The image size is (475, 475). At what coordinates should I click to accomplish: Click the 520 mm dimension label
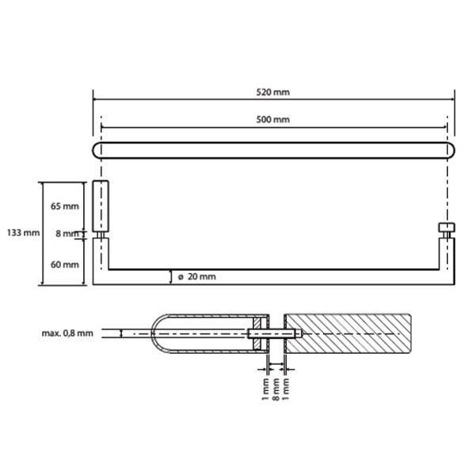click(273, 92)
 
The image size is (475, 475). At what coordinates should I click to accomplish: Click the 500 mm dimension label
click(273, 120)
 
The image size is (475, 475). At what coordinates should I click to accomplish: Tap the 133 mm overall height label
click(23, 233)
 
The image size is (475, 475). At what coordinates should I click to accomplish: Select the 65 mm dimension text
click(65, 206)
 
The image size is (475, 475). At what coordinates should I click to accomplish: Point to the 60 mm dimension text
click(65, 264)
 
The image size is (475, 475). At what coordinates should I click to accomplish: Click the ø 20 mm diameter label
click(197, 276)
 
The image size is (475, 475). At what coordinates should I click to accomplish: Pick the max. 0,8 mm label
click(67, 333)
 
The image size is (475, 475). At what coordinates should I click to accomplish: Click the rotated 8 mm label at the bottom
click(275, 389)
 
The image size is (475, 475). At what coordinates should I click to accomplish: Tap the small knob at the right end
click(446, 227)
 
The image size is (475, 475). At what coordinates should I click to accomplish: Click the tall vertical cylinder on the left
click(101, 207)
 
